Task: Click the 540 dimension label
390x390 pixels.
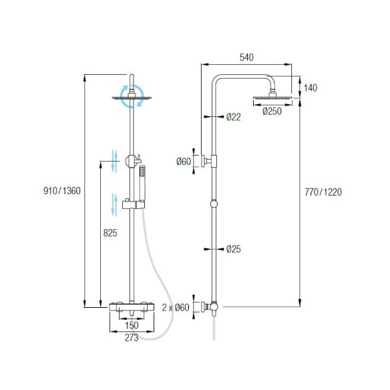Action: pos(246,57)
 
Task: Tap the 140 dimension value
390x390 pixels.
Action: pos(311,87)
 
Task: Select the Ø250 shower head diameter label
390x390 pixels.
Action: pos(272,111)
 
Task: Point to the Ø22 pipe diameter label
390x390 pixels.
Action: pos(234,117)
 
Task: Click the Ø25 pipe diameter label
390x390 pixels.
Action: pos(234,248)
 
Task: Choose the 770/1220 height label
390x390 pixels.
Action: pos(323,192)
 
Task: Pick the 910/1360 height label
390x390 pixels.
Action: pos(62,191)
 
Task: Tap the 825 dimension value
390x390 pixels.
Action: pos(110,233)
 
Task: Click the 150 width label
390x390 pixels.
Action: pos(132,325)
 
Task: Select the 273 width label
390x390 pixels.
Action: pos(132,337)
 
